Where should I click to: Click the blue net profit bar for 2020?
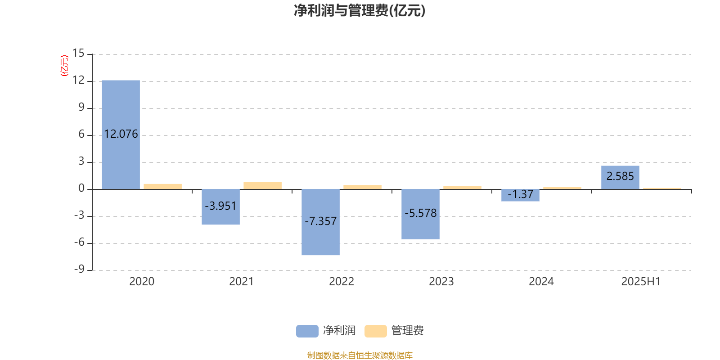pos(121,135)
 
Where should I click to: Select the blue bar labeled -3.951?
pos(221,207)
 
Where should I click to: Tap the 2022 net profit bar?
pos(320,222)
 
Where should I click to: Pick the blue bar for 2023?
pos(420,214)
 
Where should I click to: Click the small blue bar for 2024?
pos(520,195)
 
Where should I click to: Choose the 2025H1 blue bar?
pos(621,177)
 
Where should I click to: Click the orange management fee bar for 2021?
pos(263,186)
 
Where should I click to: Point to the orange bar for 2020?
pos(162,187)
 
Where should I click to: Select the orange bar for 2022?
pos(363,187)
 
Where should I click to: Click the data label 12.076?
pos(121,134)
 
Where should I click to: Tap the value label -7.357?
pos(320,221)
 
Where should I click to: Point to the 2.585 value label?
pos(620,176)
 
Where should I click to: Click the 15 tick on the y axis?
pos(78,53)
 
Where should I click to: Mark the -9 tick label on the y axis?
pos(79,269)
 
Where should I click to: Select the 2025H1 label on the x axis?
pos(641,282)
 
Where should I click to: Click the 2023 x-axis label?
pos(441,282)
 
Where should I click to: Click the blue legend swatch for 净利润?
pos(307,331)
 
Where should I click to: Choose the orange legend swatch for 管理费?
pos(375,331)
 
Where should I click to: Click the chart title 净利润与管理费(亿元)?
pos(360,11)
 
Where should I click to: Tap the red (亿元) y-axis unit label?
pos(65,66)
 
